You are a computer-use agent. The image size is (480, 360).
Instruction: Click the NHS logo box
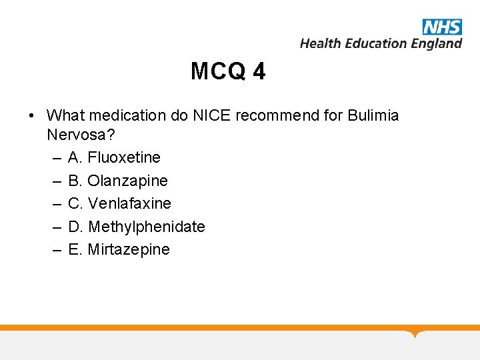(442, 27)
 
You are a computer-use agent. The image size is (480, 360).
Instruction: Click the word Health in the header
(320, 43)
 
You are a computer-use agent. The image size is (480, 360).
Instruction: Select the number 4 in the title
(259, 71)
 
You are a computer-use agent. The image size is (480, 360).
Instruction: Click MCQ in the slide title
(218, 71)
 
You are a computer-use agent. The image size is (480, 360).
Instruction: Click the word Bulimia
(373, 115)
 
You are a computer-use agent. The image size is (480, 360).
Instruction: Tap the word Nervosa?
(81, 135)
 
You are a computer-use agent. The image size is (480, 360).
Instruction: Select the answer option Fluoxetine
(124, 157)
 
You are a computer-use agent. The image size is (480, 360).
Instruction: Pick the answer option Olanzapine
(128, 181)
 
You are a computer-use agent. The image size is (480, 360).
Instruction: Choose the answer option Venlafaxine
(130, 203)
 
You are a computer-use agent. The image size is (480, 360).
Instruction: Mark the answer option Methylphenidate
(147, 227)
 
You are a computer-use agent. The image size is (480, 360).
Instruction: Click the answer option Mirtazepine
(129, 249)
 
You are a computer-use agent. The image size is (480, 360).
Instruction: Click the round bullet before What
(33, 116)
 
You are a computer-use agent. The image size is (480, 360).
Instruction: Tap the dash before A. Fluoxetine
(55, 158)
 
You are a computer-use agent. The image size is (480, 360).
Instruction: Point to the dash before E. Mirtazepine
(55, 250)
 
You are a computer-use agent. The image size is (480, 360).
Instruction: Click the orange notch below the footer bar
(417, 333)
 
